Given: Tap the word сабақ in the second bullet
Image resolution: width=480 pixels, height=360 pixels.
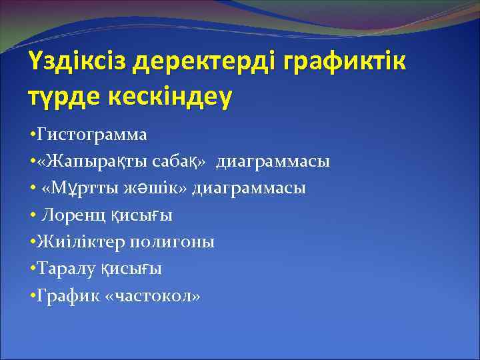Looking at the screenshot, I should [177, 161].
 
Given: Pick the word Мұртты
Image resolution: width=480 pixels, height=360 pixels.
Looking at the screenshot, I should [83, 188].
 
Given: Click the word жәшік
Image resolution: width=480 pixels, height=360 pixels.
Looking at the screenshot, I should [153, 188].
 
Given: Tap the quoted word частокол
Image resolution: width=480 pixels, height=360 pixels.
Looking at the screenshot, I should [153, 295].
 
